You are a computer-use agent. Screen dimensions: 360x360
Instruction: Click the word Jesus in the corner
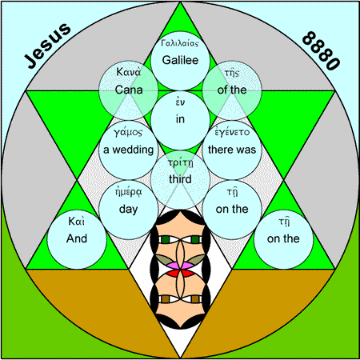48,46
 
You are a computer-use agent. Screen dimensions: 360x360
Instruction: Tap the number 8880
321,50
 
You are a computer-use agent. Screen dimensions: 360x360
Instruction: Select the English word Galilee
180,60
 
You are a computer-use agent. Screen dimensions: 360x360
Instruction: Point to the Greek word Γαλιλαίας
180,43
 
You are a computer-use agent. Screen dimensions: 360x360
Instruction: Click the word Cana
129,90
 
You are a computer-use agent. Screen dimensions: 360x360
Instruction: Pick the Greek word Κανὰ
129,72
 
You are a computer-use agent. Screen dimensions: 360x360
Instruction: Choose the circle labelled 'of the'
232,90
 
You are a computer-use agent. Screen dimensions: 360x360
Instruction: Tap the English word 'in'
180,119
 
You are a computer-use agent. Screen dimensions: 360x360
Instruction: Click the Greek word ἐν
180,102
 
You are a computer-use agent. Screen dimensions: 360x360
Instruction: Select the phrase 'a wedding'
129,150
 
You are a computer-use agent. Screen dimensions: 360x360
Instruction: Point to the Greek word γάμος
128,132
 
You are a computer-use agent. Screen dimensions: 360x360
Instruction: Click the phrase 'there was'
232,150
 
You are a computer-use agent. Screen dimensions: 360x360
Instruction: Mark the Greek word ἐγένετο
232,132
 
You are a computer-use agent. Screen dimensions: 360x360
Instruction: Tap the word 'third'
180,179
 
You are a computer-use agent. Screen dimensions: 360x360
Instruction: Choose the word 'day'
129,210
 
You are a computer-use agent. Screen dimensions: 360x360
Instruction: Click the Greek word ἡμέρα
129,192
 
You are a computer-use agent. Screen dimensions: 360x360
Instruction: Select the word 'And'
77,238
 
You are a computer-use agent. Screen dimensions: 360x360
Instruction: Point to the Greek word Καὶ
77,222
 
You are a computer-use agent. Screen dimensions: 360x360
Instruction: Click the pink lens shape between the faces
180,266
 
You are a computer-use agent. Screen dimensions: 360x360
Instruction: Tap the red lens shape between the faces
180,273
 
